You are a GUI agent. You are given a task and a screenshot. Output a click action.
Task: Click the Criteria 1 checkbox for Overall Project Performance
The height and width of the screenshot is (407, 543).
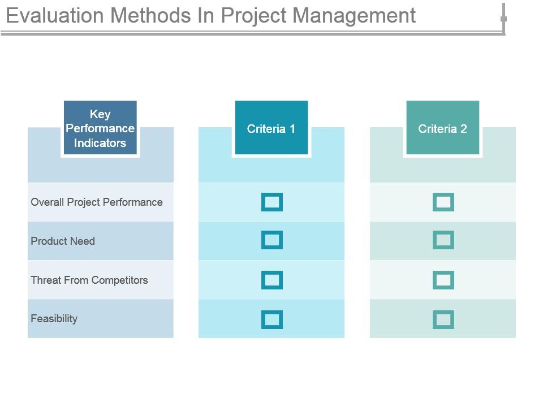click(272, 202)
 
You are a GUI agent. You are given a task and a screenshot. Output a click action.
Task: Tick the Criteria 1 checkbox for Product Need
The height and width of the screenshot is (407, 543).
click(272, 240)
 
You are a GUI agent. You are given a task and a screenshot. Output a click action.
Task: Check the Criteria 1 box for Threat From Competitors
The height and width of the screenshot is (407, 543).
click(272, 280)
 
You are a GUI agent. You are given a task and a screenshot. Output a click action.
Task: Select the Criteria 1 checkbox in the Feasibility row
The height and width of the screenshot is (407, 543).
click(272, 319)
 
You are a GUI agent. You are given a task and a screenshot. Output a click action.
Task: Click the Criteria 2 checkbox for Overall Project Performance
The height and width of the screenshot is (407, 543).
click(443, 202)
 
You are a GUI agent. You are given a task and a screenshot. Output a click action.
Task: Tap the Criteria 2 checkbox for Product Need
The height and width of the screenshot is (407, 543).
click(443, 240)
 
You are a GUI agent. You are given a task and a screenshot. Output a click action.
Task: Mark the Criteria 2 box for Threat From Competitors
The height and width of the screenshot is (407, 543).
click(443, 280)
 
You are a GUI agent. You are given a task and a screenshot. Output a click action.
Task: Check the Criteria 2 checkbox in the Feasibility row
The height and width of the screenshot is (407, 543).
click(443, 319)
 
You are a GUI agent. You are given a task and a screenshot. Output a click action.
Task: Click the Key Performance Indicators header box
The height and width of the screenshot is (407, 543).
click(100, 128)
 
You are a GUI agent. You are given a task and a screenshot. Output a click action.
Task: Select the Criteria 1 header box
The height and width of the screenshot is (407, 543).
click(271, 128)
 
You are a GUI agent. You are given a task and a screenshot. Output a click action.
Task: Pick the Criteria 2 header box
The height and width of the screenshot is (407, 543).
click(443, 128)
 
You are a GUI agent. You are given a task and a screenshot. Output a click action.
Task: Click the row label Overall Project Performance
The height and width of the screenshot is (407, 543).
click(97, 202)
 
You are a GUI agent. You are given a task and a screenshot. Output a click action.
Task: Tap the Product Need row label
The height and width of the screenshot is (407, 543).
click(63, 241)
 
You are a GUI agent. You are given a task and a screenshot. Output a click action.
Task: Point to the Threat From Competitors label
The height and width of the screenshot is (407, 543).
click(89, 280)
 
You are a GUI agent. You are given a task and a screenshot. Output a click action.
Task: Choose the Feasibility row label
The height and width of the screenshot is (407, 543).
click(54, 319)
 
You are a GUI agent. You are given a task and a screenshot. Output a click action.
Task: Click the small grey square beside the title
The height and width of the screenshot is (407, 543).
click(503, 19)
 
